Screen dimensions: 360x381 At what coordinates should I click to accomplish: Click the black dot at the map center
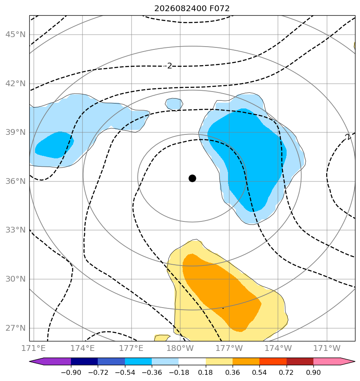coord(192,178)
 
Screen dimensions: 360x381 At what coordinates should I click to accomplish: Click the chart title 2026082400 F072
coord(192,9)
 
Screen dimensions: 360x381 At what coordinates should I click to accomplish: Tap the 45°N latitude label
coord(15,35)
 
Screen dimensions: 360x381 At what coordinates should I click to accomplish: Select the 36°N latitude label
coord(15,181)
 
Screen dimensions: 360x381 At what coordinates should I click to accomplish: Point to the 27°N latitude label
coord(15,328)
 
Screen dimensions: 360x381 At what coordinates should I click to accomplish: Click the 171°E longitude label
coord(33,348)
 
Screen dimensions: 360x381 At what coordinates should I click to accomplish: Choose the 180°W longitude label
coord(180,348)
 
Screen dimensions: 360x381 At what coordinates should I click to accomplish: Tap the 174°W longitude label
coord(278,348)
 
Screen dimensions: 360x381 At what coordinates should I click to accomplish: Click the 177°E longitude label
coord(131,348)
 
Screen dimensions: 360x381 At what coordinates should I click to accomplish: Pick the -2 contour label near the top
coord(168,66)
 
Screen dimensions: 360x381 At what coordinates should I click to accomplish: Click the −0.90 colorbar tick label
coord(71,372)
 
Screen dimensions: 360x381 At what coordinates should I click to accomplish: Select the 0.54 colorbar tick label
coord(259,372)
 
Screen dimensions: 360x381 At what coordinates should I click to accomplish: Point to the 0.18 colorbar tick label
coord(206,372)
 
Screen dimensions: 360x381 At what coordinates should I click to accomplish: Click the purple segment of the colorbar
coord(53,361)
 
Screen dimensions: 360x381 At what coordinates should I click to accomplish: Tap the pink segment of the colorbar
coord(331,361)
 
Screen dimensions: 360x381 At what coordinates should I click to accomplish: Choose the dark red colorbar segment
coord(300,361)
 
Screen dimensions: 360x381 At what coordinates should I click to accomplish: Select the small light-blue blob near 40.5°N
coord(174,104)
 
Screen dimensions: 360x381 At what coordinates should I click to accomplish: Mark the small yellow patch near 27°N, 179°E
coord(162,338)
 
